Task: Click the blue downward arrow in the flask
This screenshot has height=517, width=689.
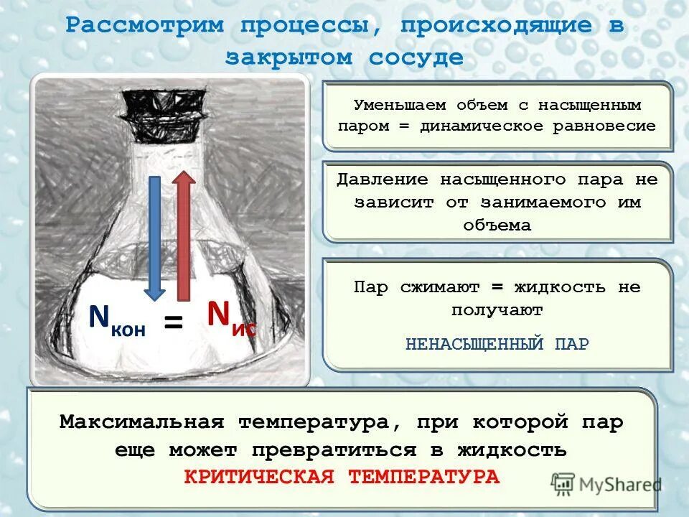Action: click(154, 237)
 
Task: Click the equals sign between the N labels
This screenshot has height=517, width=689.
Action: click(173, 322)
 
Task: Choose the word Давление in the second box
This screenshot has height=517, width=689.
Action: click(383, 180)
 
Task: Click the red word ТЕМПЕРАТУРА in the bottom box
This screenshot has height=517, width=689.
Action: click(423, 477)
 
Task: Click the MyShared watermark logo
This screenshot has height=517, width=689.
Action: click(606, 484)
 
